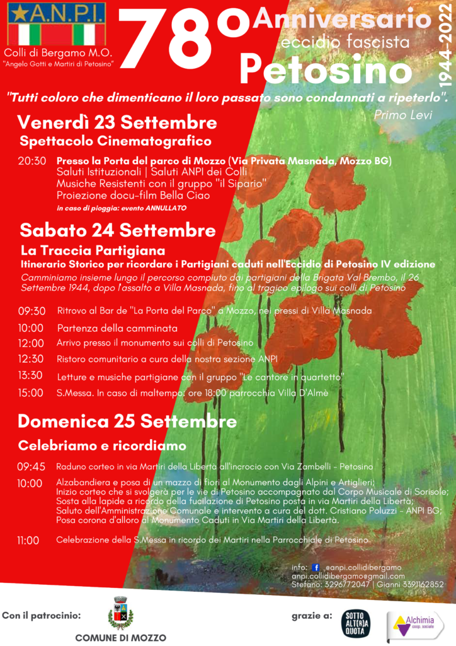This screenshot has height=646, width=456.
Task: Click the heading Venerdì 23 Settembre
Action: coord(117,122)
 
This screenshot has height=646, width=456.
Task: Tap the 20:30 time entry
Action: coord(31,161)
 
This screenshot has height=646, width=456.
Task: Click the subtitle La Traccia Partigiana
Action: coord(93,250)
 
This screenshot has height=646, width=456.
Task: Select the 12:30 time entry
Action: coord(31,359)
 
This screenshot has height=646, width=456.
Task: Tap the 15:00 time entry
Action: coord(31,392)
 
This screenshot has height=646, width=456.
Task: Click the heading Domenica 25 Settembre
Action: coord(127,421)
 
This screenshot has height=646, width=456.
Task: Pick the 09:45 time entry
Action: coord(31,467)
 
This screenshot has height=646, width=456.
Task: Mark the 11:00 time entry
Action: coord(28,540)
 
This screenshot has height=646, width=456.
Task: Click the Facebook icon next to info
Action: coord(316,567)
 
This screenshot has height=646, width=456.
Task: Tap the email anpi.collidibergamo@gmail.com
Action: coord(348,576)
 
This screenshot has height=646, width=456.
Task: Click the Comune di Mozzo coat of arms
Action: coord(120,613)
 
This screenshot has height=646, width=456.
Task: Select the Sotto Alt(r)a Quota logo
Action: coord(355,623)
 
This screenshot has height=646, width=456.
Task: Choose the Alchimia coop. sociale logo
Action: coord(415,625)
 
